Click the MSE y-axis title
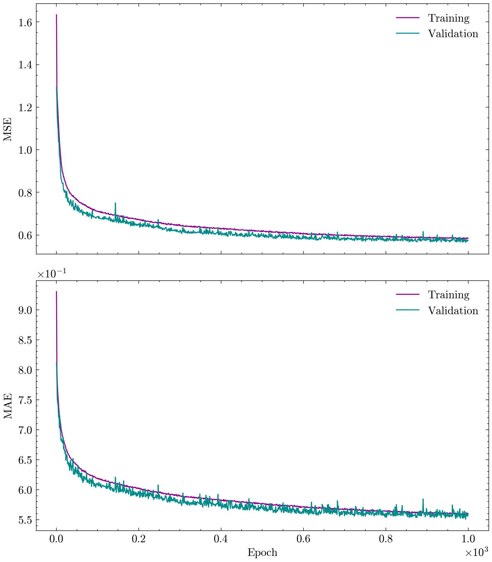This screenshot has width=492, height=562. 8,129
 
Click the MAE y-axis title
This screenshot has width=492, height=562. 8,406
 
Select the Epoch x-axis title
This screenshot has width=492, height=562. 262,553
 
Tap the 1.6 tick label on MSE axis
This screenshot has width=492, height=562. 25,22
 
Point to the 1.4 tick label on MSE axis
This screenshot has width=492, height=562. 25,65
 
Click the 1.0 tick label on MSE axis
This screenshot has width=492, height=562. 25,150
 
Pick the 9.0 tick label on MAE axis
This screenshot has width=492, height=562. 25,310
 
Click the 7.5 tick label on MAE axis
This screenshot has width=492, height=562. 25,400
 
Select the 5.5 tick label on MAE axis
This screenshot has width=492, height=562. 25,519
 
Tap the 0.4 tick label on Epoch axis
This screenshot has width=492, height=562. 221,539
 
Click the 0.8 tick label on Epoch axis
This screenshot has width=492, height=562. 386,539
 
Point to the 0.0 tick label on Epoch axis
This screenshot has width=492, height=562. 57,539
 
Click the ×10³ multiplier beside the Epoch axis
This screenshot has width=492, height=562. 476,552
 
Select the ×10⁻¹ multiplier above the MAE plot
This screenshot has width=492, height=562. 52,274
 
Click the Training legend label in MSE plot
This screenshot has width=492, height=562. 449,18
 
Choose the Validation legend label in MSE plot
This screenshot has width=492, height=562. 453,34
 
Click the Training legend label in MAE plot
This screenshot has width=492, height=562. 449,295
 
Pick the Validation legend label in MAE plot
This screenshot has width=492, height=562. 453,311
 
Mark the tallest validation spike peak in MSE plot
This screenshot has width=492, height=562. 115,203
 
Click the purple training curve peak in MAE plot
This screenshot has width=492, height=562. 57,292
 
